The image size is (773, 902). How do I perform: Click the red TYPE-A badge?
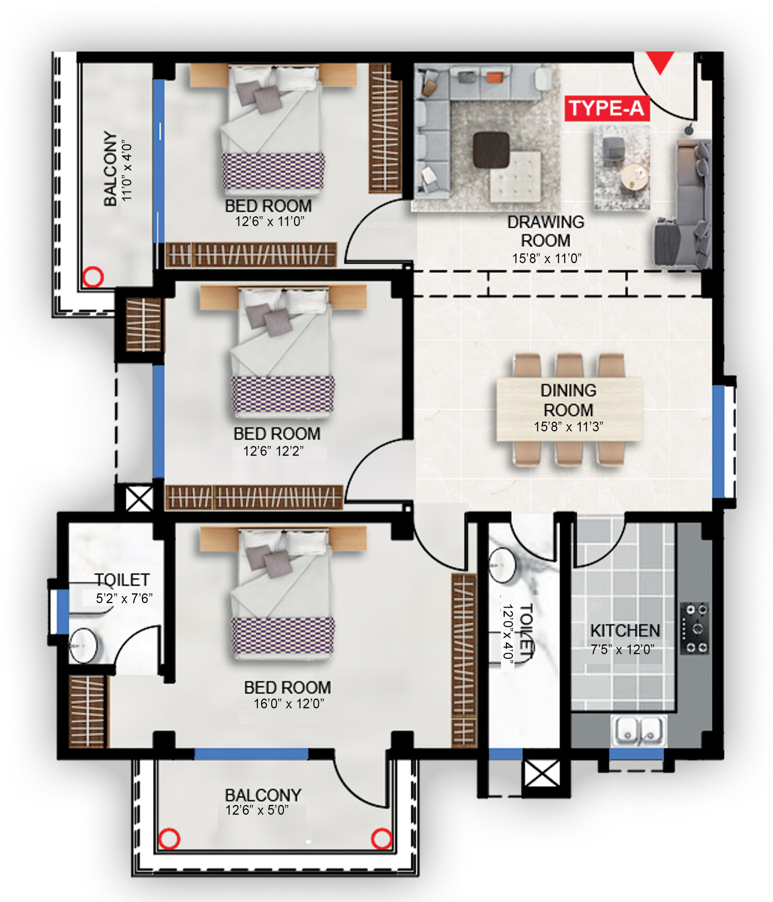tap(607, 108)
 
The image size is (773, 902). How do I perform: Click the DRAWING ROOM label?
tap(545, 231)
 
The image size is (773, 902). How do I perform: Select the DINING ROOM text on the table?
tap(568, 400)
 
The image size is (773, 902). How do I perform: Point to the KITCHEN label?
tap(625, 630)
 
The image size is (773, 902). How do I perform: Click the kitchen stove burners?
tap(694, 628)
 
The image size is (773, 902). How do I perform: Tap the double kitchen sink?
tap(639, 731)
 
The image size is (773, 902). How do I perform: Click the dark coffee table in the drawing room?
tap(491, 150)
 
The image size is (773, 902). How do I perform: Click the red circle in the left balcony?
tap(93, 277)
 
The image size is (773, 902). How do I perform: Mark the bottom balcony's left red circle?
tap(169, 839)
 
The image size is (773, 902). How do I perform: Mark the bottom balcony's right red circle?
tap(381, 839)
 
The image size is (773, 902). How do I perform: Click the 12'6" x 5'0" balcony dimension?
tap(257, 810)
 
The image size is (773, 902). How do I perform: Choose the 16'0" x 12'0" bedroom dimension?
tap(289, 704)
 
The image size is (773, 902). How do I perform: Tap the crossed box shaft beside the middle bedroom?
tap(139, 499)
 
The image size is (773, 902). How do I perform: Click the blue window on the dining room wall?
tap(718, 441)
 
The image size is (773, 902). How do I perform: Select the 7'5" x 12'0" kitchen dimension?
tap(622, 649)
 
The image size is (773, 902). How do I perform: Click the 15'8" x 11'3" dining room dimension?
tap(568, 427)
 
